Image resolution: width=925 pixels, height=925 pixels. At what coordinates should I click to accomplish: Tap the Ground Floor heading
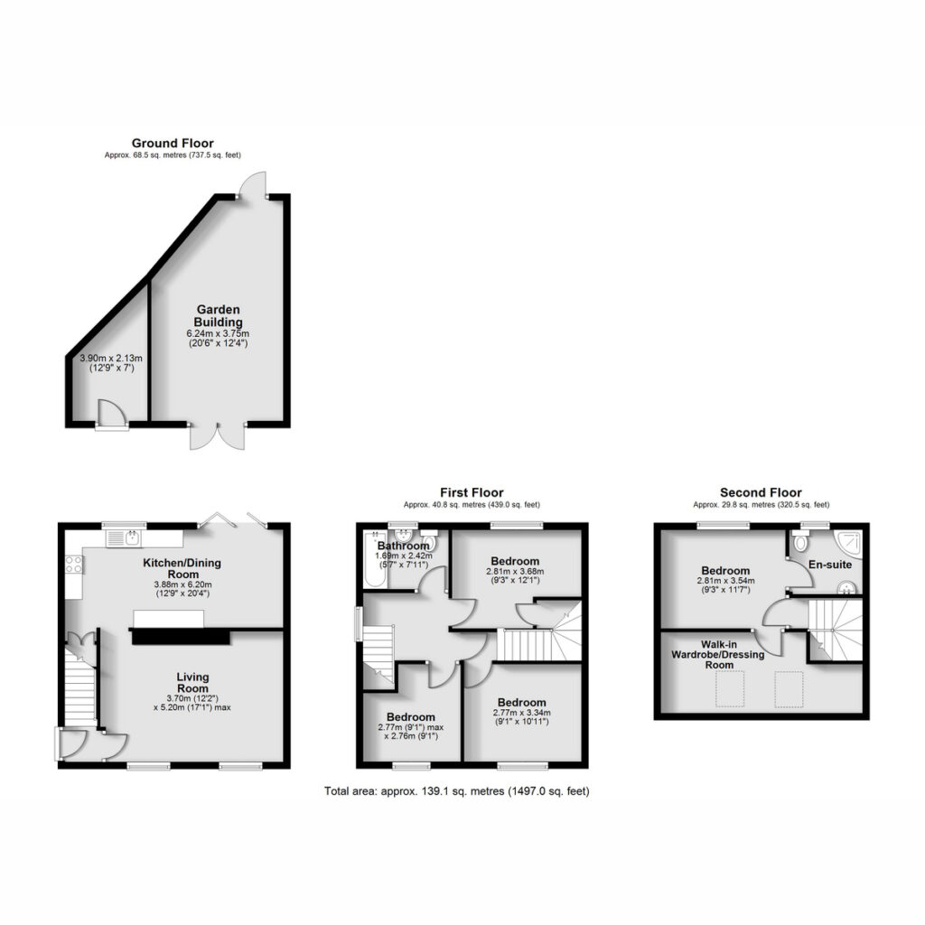[x=173, y=143]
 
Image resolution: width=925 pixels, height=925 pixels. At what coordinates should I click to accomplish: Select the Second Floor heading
[x=761, y=492]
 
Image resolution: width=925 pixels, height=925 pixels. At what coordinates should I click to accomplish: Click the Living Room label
[x=193, y=683]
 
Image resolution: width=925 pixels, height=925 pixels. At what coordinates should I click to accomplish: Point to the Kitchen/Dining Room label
[x=182, y=568]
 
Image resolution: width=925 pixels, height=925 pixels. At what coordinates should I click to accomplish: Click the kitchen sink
[x=123, y=538]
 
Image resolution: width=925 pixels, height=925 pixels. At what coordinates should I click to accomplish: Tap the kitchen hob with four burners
[x=74, y=564]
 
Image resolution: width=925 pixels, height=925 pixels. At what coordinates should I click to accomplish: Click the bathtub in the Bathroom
[x=374, y=558]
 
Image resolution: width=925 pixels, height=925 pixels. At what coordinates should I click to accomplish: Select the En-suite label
[x=830, y=565]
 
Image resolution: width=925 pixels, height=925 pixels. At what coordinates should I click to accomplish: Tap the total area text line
[x=456, y=791]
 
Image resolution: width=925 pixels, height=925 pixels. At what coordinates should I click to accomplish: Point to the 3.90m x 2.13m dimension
[x=111, y=358]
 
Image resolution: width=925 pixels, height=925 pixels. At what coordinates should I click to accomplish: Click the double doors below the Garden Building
[x=218, y=436]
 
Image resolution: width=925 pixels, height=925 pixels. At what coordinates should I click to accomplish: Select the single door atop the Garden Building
[x=253, y=184]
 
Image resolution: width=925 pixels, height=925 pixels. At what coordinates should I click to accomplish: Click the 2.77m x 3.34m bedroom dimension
[x=521, y=713]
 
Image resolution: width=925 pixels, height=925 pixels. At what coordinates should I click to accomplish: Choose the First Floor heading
[x=472, y=492]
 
